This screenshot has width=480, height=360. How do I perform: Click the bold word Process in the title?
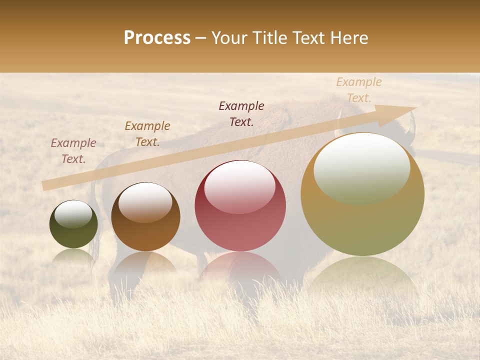[x=157, y=38]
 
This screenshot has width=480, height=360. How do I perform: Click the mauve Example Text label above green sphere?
[x=73, y=151]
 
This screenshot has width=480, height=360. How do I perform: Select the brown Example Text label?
[x=147, y=134]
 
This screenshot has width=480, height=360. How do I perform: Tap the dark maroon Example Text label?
[x=241, y=113]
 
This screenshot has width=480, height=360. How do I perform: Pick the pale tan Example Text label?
[x=359, y=90]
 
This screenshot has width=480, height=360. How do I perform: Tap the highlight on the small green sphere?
[x=73, y=214]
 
